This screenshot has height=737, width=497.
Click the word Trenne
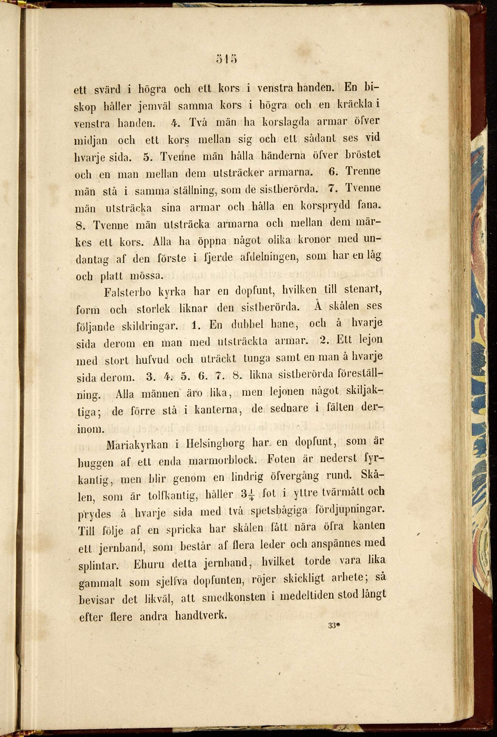(x=363, y=171)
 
